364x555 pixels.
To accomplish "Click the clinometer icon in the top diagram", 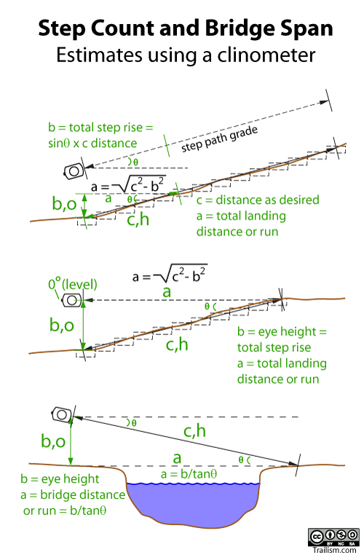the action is point(74,171).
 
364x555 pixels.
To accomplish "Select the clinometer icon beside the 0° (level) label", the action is point(71,301).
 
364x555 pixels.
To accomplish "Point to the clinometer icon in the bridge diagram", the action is point(62,414).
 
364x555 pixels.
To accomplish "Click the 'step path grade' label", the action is point(219,138).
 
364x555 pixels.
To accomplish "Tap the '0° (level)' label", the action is point(73,285).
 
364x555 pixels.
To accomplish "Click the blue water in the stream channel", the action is point(193,503).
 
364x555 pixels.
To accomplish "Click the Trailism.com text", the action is point(334,550).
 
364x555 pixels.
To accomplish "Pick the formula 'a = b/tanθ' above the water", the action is point(189,474).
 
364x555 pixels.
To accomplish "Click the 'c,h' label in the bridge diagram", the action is point(194,431).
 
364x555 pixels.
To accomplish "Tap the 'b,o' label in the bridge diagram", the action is point(53,441).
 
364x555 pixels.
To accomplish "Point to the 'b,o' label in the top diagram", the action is point(64,203).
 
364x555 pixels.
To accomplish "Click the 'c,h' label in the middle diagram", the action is point(177,344).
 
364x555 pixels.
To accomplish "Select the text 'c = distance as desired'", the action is point(258,200).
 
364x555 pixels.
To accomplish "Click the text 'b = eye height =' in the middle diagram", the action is point(282,331).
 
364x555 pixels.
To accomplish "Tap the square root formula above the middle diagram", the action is point(170,275).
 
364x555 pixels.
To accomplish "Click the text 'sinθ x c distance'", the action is point(92,143).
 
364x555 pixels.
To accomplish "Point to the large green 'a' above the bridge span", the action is point(177,458).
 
